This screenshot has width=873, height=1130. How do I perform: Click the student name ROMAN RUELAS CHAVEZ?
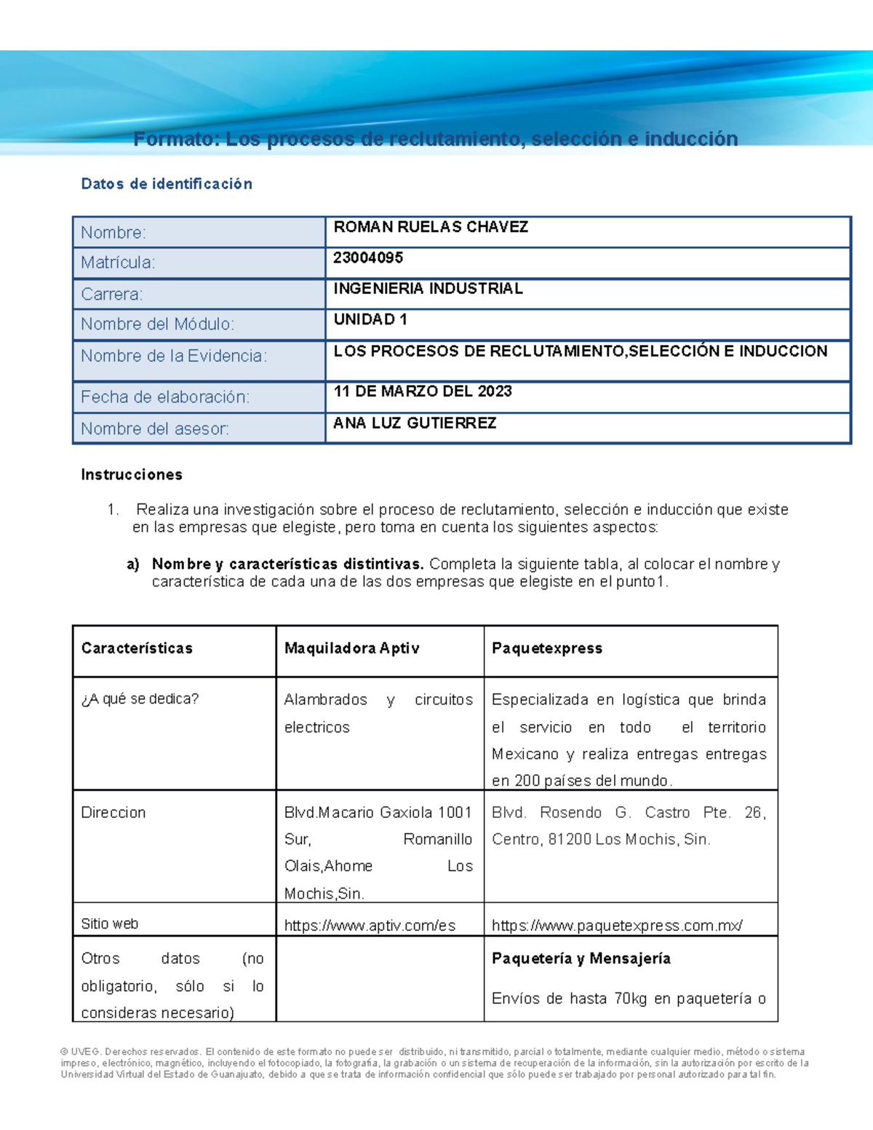click(x=431, y=227)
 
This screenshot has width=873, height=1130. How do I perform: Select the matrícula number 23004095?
click(x=368, y=258)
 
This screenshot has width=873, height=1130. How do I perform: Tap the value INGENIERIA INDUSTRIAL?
click(x=428, y=289)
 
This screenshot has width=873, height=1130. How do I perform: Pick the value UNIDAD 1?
click(x=370, y=319)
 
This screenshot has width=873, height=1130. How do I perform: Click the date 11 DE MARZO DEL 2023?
click(x=423, y=391)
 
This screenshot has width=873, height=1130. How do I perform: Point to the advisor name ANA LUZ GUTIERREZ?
click(x=415, y=423)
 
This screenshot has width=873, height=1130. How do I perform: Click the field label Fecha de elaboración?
click(x=165, y=397)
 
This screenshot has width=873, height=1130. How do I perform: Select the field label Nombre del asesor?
click(x=155, y=429)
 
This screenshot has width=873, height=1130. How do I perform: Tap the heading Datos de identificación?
click(x=167, y=184)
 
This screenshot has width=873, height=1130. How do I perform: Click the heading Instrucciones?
click(x=132, y=475)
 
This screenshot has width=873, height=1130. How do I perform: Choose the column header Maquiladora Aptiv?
click(x=351, y=648)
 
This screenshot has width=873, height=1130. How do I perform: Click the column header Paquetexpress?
click(x=547, y=648)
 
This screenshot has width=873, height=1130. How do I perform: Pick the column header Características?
click(x=137, y=648)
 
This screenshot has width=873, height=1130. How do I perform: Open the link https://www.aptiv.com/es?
click(x=370, y=926)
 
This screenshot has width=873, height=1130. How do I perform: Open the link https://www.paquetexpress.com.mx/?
click(x=617, y=926)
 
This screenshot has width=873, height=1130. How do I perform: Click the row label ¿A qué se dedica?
click(x=140, y=699)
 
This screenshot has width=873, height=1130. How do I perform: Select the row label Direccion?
click(x=113, y=813)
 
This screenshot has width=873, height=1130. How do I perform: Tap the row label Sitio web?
click(x=110, y=924)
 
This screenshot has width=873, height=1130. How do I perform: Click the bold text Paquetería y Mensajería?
click(x=581, y=959)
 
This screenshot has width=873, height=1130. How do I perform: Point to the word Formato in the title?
click(x=175, y=139)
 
